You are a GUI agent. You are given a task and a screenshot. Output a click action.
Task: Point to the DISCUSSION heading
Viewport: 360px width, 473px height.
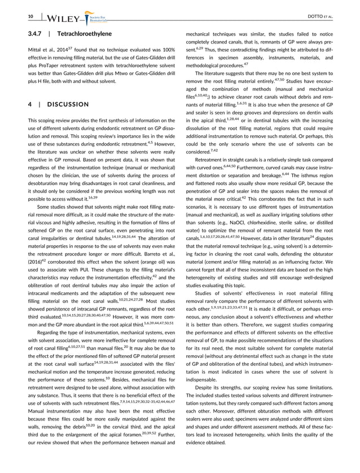(x=76, y=104)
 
